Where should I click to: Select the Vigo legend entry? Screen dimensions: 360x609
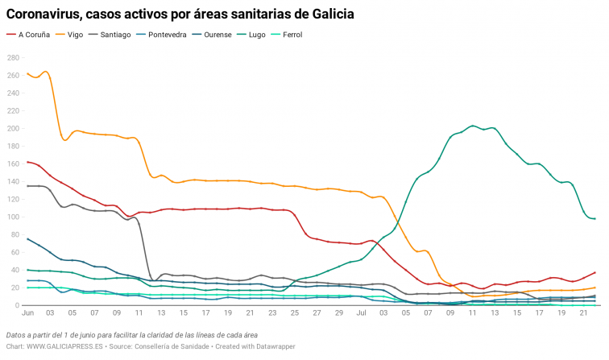[x=75, y=35]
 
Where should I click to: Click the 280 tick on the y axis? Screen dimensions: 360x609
[x=12, y=57]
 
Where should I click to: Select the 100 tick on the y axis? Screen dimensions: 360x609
[x=12, y=217]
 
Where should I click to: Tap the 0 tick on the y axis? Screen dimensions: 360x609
[x=16, y=306]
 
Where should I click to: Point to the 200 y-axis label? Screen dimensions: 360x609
[x=12, y=128]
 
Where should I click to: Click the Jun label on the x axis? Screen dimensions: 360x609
[x=27, y=312]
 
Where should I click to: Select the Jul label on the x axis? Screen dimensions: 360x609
[x=360, y=312]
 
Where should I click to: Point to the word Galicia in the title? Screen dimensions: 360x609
[x=329, y=14]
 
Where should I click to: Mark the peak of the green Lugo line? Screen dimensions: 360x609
[x=473, y=126]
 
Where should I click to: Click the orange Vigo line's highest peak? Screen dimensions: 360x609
[x=45, y=72]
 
